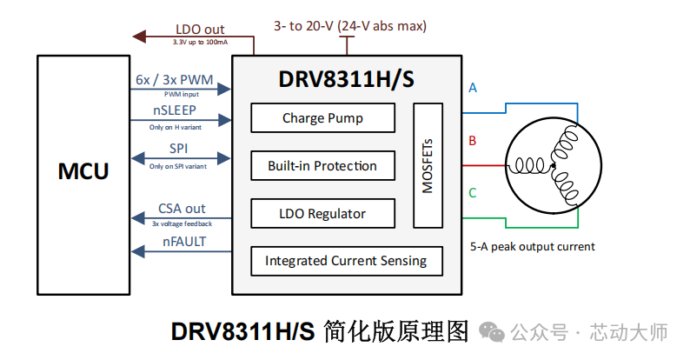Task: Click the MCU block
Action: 83,171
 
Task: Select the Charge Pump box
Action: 322,118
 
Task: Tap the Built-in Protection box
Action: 322,165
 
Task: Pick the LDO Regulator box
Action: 322,213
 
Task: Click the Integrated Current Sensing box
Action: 346,260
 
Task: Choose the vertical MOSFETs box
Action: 428,165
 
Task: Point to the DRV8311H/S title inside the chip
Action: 346,79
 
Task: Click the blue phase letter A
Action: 473,88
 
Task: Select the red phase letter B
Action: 473,140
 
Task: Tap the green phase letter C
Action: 473,192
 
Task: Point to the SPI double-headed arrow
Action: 180,158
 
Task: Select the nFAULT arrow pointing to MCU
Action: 180,252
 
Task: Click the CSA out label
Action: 182,208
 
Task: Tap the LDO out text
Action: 200,30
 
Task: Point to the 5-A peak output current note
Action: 532,246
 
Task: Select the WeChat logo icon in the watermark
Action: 492,332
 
